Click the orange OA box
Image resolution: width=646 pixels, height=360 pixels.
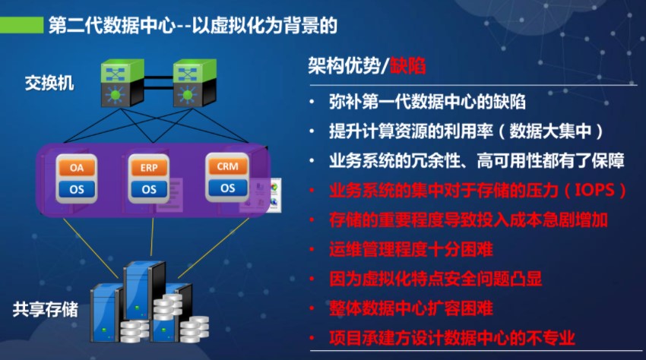(x=77, y=168)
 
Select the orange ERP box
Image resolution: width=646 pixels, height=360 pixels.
(x=149, y=168)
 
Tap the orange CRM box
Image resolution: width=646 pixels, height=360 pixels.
(x=227, y=166)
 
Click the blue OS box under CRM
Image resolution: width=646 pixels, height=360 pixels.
(x=227, y=188)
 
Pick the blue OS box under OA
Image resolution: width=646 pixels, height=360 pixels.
(x=77, y=189)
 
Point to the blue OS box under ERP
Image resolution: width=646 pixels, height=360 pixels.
(x=149, y=189)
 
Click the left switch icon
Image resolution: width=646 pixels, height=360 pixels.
(x=122, y=83)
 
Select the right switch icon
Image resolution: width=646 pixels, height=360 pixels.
(x=195, y=83)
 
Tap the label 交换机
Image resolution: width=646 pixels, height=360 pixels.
(x=49, y=83)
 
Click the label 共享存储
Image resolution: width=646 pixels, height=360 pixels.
(x=46, y=309)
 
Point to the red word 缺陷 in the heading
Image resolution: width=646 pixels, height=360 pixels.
(x=408, y=65)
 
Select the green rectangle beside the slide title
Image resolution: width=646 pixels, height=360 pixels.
(x=21, y=25)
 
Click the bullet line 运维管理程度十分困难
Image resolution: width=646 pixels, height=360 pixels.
(x=410, y=249)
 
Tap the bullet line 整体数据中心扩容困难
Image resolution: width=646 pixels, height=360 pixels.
(x=410, y=308)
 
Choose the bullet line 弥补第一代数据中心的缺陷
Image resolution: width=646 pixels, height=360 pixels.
(x=427, y=102)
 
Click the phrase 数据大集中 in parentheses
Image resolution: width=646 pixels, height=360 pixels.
(x=550, y=131)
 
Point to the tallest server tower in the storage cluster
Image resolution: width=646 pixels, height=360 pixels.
(x=144, y=290)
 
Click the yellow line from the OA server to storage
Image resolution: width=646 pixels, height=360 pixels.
(x=90, y=248)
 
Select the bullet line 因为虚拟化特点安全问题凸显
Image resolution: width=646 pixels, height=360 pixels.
(x=435, y=279)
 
